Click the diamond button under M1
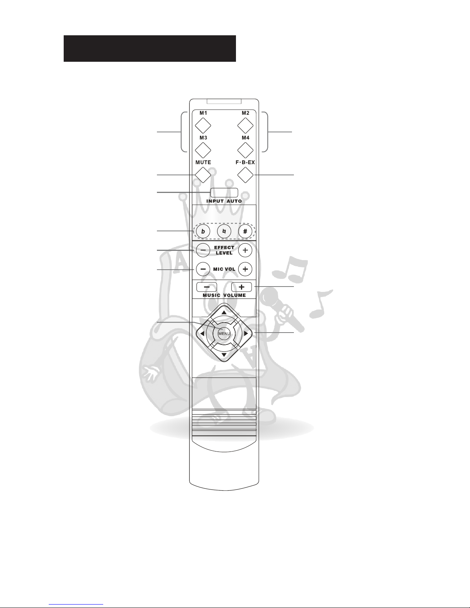(x=203, y=126)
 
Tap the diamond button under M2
(x=245, y=126)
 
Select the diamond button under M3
(x=203, y=150)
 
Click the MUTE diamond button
(x=203, y=175)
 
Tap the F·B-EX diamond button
(x=245, y=175)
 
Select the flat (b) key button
(x=203, y=231)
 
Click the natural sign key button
(x=224, y=231)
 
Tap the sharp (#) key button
(x=245, y=231)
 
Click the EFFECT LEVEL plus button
(x=245, y=250)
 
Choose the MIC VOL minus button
(x=203, y=269)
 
